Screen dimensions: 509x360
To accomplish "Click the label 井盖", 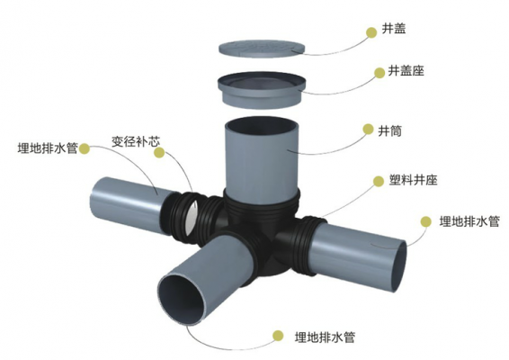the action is [394, 29].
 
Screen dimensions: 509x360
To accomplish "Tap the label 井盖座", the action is [406, 71].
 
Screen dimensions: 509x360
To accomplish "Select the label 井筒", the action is [390, 130].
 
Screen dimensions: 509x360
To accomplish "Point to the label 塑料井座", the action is [414, 180].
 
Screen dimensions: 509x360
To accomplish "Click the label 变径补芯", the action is [136, 141].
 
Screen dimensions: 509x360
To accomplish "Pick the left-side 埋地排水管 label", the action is [48, 148].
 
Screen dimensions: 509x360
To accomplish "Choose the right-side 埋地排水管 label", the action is [469, 221].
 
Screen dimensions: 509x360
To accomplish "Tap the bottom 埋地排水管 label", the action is [325, 337].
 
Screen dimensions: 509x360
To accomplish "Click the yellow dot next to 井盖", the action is [371, 32].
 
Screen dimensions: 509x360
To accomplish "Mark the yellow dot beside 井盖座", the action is [380, 73].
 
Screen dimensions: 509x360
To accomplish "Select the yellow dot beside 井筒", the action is [368, 129].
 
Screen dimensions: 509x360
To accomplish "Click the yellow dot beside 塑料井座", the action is [379, 181].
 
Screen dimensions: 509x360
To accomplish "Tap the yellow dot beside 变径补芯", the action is [159, 152].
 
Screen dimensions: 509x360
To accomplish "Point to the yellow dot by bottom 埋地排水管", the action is [278, 336].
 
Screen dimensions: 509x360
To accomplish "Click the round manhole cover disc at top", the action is [262, 49].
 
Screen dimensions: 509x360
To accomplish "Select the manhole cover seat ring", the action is [262, 89].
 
